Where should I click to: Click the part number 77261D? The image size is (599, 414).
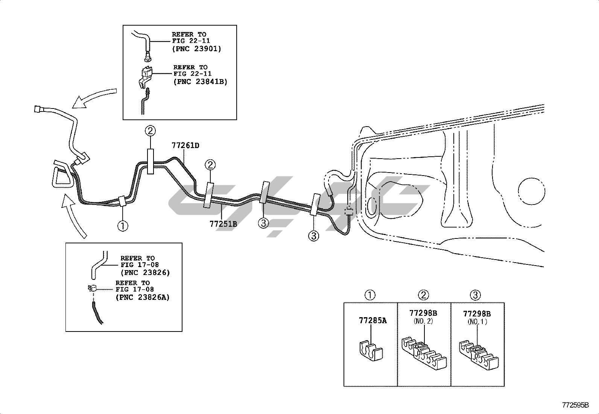[x=185, y=145]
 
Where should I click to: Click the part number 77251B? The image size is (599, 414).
[x=223, y=224]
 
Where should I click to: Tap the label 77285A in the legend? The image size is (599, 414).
[x=373, y=320]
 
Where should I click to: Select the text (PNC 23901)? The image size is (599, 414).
[x=197, y=49]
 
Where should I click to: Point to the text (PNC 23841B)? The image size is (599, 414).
[x=200, y=82]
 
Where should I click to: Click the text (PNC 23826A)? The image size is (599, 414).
[x=143, y=298]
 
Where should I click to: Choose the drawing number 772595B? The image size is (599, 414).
[x=575, y=405]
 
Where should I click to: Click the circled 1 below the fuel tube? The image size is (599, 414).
[x=123, y=226]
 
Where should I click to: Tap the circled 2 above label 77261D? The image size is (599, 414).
[x=150, y=131]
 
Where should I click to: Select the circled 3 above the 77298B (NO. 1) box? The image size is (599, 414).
[x=475, y=295]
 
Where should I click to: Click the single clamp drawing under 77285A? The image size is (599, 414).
[x=370, y=351]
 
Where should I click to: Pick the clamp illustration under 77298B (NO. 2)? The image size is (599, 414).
[x=424, y=353]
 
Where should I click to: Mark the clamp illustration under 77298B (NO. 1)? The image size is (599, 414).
[x=479, y=355]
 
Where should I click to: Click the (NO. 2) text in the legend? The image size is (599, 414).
[x=423, y=321]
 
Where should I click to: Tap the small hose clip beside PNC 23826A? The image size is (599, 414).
[x=92, y=288]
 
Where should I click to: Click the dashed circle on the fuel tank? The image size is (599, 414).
[x=532, y=191]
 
